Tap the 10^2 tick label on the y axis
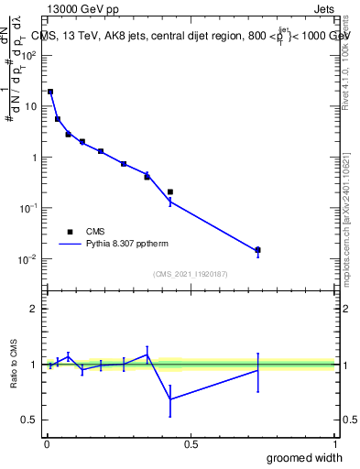click(x=29, y=55)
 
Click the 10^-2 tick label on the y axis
click(x=29, y=259)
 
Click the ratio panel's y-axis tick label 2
click(x=34, y=309)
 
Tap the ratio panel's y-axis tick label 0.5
click(x=30, y=420)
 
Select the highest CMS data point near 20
click(x=50, y=92)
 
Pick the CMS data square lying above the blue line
click(x=170, y=191)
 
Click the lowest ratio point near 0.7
click(x=170, y=398)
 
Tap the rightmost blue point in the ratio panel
click(x=258, y=369)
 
